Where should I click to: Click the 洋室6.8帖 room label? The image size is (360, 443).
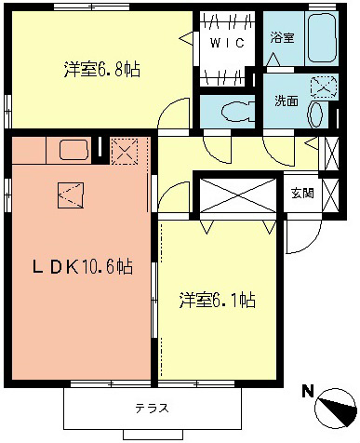point(102,70)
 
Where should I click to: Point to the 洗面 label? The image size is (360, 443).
point(286,101)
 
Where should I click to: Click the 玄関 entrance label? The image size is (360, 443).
point(301,194)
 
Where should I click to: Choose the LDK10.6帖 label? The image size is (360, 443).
point(82,267)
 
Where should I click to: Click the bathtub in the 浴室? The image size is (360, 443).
point(322,40)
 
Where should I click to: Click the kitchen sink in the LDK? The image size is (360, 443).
point(71,149)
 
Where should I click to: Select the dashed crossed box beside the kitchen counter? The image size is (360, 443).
point(123,150)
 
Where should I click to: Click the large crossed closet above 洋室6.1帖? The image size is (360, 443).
point(237,195)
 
